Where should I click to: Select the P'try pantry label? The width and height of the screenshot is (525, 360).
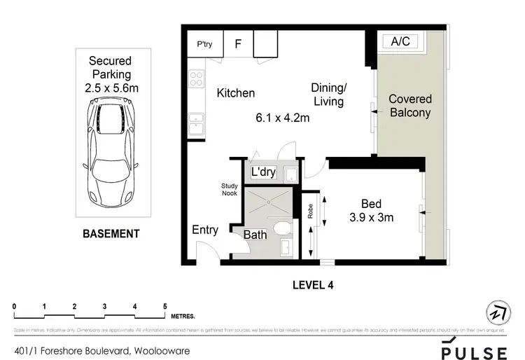tap(204, 44)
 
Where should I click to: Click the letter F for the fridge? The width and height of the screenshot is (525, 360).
tap(237, 43)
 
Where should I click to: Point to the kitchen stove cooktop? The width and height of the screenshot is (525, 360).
tap(195, 79)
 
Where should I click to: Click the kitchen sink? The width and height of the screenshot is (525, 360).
tap(195, 123)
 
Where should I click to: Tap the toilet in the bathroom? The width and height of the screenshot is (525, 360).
tap(283, 228)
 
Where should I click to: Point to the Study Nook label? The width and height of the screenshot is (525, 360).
tap(230, 191)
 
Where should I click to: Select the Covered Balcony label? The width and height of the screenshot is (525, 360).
tap(409, 106)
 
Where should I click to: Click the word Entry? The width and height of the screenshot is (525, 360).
tap(205, 230)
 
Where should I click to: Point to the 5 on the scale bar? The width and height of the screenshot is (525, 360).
tap(164, 306)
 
